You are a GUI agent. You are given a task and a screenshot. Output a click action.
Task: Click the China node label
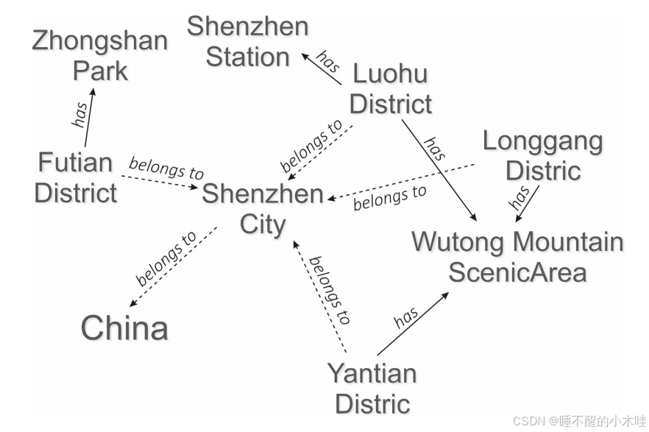click(124, 327)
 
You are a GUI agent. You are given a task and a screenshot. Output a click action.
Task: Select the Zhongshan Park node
click(100, 56)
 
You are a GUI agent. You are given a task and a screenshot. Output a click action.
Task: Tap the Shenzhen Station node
click(248, 42)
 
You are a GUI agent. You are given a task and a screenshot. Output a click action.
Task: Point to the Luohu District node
click(390, 89)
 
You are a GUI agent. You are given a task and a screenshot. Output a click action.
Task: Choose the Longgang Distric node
click(543, 155)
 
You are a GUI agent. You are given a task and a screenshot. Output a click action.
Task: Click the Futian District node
click(75, 177)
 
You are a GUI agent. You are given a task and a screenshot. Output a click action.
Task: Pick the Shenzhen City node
click(263, 209)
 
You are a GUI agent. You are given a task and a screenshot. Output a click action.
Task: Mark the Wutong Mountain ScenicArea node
click(517, 257)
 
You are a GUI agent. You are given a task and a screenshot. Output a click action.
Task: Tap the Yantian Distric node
click(372, 389)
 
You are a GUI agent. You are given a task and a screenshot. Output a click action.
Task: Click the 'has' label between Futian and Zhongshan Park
click(80, 113)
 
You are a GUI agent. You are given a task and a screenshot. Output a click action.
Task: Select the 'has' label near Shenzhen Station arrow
click(327, 61)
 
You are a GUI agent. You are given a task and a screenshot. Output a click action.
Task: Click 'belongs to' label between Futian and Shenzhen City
click(166, 168)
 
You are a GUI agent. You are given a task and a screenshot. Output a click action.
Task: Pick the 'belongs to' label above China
click(167, 259)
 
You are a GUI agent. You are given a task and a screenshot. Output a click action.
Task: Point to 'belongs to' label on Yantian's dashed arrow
click(329, 290)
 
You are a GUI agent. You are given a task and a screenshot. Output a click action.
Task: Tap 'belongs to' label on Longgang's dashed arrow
click(389, 197)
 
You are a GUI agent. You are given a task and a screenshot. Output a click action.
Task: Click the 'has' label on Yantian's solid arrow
click(406, 317)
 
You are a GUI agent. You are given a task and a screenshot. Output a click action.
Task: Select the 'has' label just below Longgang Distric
click(520, 196)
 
